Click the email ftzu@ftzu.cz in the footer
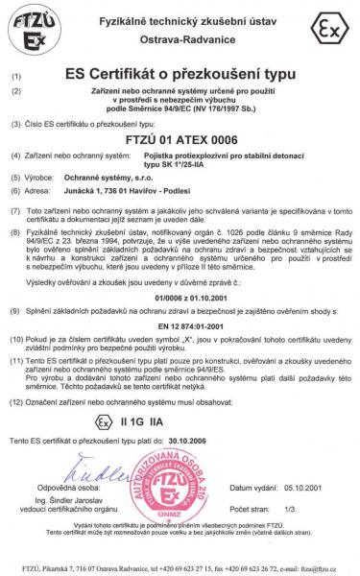[321, 568]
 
